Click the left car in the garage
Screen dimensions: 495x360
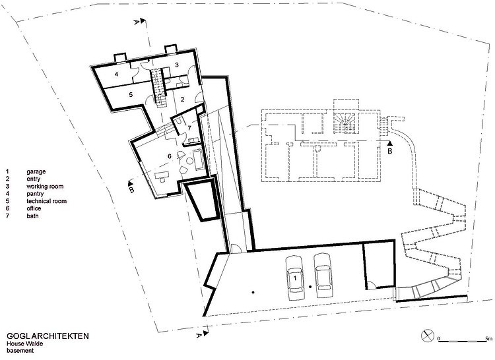point(295,278)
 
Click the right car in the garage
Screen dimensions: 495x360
point(323,275)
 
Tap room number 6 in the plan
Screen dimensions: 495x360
point(170,156)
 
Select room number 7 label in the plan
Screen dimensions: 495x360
point(189,128)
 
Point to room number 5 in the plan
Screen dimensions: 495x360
point(131,94)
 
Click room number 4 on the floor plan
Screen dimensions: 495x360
point(116,75)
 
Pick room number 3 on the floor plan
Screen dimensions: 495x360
point(177,65)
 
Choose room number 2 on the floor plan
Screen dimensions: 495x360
point(182,100)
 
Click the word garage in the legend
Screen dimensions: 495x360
point(36,172)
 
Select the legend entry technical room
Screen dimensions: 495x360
point(46,201)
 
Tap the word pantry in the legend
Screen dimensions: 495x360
point(35,194)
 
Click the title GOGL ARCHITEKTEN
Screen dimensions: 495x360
point(48,336)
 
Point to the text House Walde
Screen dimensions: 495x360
point(24,344)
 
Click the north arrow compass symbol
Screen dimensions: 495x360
point(428,336)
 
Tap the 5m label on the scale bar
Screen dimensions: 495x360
point(488,339)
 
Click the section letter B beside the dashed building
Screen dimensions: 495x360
point(390,151)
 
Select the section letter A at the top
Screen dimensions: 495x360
point(136,22)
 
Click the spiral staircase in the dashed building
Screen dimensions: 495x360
point(345,123)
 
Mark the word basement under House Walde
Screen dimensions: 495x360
point(20,351)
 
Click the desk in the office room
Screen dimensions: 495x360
point(161,176)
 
